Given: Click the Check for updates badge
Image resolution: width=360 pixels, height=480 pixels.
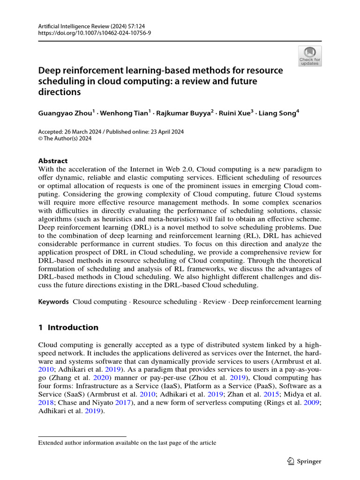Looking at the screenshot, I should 310,56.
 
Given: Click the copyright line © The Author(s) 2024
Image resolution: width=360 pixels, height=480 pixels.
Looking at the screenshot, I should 65,138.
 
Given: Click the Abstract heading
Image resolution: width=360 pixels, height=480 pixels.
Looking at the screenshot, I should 53,160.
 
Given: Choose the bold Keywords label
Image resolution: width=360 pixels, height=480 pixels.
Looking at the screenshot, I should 53,302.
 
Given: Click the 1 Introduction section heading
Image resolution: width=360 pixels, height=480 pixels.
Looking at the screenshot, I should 68,327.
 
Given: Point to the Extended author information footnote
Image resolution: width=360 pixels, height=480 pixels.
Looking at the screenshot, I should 127,442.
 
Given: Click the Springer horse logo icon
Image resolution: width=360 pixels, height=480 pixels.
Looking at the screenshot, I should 290,461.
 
